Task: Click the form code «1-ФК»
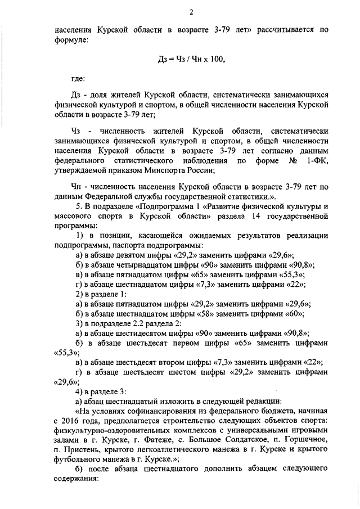point(316,162)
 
